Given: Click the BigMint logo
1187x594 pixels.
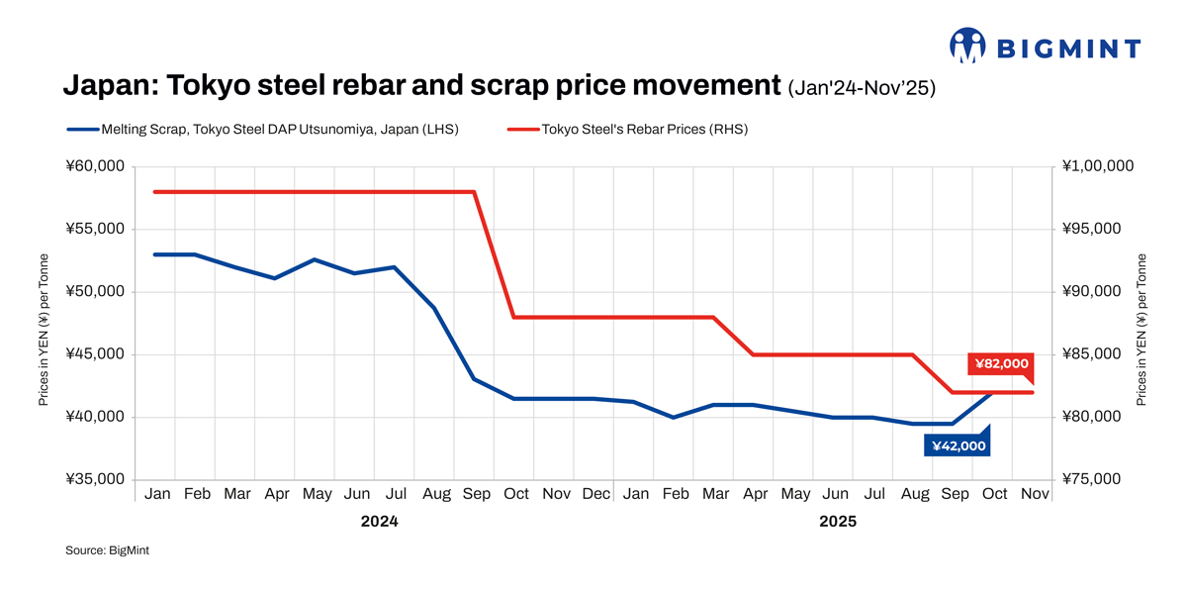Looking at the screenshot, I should pyautogui.click(x=1046, y=47).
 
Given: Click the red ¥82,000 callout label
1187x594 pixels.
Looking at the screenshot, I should pyautogui.click(x=1001, y=364).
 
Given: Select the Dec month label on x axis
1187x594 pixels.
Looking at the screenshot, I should pyautogui.click(x=595, y=494).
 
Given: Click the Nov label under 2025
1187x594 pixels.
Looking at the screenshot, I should pyautogui.click(x=1034, y=494).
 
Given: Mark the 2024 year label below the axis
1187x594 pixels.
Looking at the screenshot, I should pyautogui.click(x=379, y=521).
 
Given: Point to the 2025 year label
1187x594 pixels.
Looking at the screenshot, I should pyautogui.click(x=837, y=521).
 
